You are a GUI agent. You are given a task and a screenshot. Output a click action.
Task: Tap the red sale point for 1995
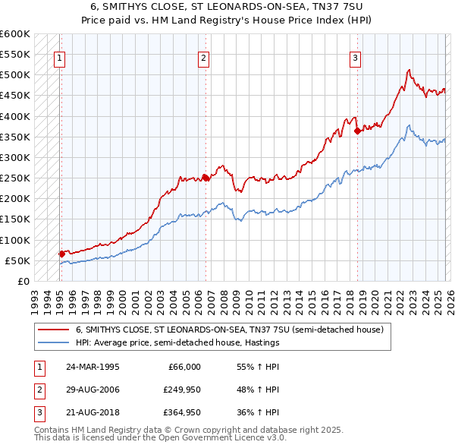coord(61,254)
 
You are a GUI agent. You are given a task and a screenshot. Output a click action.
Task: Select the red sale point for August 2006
coord(206,178)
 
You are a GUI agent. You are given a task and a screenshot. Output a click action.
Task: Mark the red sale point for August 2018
coord(356,131)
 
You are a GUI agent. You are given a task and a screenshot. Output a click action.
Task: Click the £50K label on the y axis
coord(18,260)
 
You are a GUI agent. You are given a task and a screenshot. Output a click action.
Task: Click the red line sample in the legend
coord(53,330)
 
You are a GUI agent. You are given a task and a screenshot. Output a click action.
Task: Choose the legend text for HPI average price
coord(177,342)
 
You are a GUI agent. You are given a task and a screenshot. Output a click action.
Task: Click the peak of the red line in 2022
coord(409,71)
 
